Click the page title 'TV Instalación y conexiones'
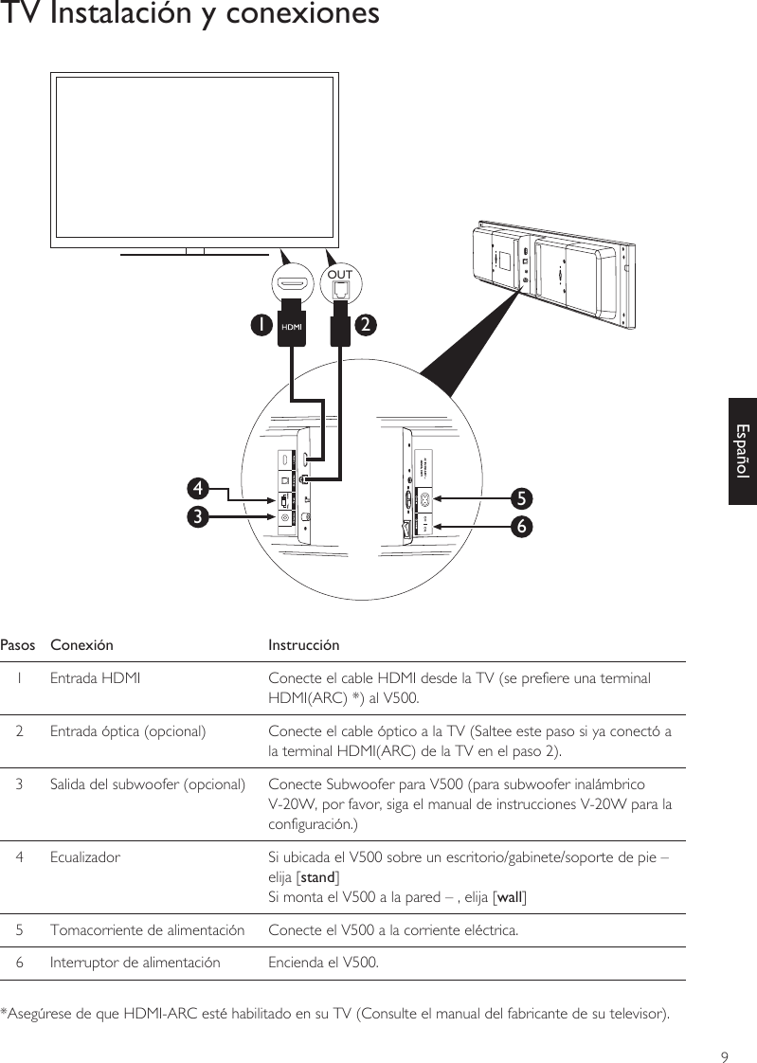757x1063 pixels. pos(189,15)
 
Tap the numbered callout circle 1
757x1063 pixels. pos(258,324)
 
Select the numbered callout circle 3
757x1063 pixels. pos(198,517)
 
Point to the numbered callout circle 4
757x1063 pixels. pos(198,489)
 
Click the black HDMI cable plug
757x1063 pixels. pos(292,326)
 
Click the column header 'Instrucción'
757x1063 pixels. pos(303,645)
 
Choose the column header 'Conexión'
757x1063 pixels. pos(81,645)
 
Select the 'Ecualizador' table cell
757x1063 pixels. pos(84,858)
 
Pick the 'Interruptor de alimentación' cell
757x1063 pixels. pos(135,964)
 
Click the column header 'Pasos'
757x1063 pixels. pos(18,645)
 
